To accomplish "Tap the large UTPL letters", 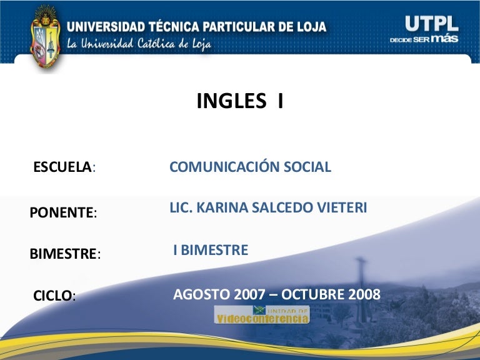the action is tap(432, 24).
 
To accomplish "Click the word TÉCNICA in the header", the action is tap(174, 26).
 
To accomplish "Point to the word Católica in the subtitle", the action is tap(156, 43).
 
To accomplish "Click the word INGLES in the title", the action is tap(231, 101).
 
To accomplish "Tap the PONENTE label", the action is tap(63, 212).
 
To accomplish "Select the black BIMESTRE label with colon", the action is tap(65, 254).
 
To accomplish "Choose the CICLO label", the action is tap(54, 296).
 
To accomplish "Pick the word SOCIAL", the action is tap(307, 167).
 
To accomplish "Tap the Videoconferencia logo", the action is tap(262, 314).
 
